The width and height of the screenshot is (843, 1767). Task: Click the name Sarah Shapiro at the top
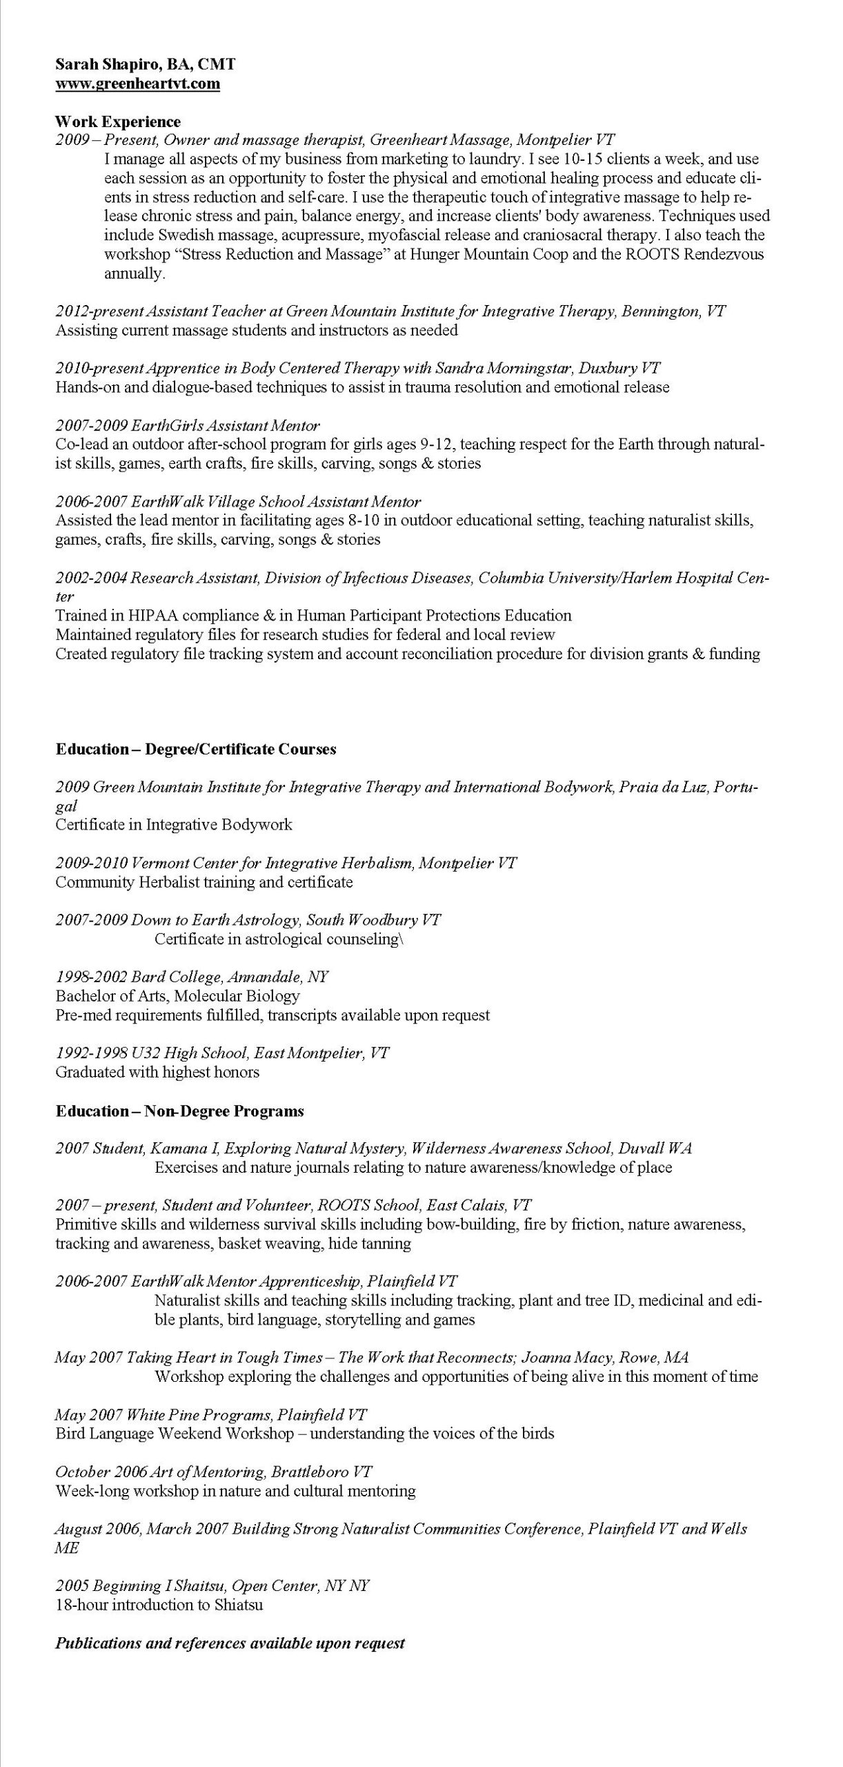pos(102,65)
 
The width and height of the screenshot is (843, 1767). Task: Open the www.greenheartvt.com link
pos(137,84)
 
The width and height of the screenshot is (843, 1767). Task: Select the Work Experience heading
pos(117,122)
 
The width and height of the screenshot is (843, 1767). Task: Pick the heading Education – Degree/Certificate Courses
pos(196,750)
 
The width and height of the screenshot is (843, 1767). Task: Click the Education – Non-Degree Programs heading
pos(179,1111)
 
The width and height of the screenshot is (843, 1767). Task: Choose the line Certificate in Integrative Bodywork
pos(174,825)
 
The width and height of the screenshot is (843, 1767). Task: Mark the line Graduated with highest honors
pos(157,1073)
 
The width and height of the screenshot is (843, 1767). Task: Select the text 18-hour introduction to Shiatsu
pos(159,1605)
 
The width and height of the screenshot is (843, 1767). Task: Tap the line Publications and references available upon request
pos(230,1643)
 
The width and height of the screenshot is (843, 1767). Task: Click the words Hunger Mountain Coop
pos(489,254)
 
